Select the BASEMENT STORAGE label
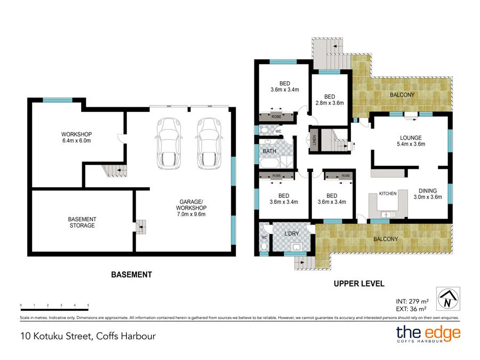click(x=82, y=222)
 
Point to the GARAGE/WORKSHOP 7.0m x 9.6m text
click(x=193, y=208)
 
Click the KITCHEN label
click(x=388, y=193)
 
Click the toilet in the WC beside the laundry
click(x=264, y=246)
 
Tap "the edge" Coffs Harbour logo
click(x=427, y=335)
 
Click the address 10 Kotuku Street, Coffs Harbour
click(x=89, y=336)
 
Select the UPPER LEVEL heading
click(x=359, y=284)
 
